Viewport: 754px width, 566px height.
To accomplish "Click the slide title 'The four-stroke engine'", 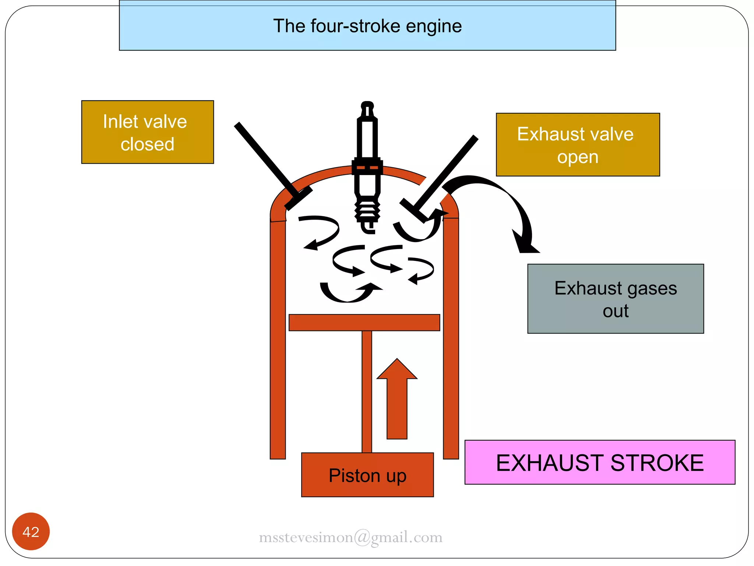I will [x=367, y=26].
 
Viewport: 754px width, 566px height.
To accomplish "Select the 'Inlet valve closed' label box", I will [x=147, y=132].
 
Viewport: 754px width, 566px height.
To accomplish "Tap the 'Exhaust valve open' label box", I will [x=577, y=144].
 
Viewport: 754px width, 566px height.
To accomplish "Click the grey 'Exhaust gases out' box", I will [x=615, y=298].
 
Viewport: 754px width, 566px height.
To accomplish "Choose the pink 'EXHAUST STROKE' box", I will [x=599, y=462].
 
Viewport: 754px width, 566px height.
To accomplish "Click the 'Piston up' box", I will [x=367, y=475].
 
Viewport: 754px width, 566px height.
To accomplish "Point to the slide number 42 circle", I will [x=31, y=531].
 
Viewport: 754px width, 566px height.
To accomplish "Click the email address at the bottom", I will [x=350, y=537].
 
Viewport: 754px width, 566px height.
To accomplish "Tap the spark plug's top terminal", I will [x=367, y=106].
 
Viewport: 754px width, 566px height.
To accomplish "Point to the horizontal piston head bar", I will [x=364, y=322].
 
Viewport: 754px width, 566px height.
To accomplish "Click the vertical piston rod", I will [x=367, y=391].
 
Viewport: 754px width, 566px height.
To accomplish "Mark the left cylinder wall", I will [x=278, y=339].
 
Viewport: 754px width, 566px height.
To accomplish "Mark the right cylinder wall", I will [x=451, y=339].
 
